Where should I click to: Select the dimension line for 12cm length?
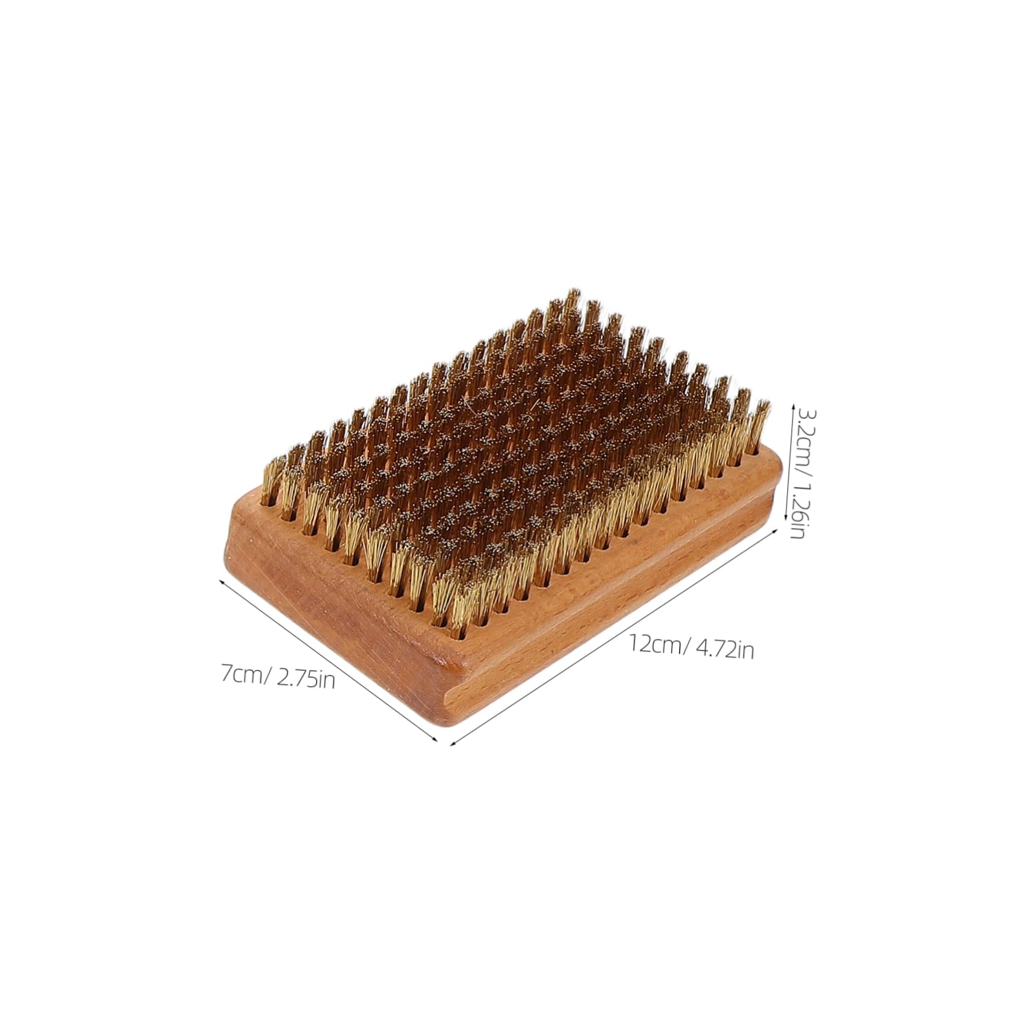click(613, 637)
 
